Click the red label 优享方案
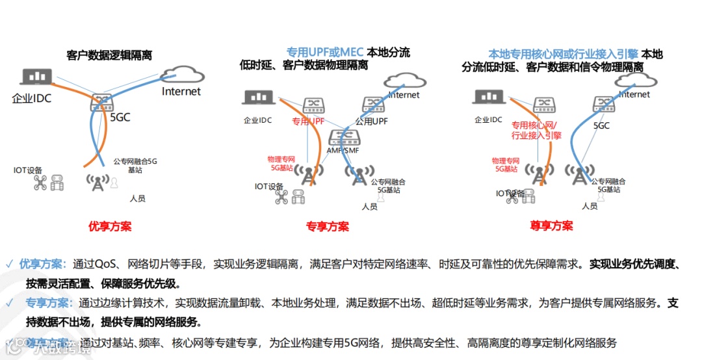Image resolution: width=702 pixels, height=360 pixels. click(110, 226)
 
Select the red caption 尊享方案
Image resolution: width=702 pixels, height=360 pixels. click(551, 226)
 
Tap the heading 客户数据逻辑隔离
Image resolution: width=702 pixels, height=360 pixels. click(109, 56)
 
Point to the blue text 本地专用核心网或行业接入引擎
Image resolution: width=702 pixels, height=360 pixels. click(563, 55)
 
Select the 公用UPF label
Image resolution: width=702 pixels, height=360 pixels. click(372, 121)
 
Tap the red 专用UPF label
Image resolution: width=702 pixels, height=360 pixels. click(308, 121)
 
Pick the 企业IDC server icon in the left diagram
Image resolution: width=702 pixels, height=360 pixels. click(36, 77)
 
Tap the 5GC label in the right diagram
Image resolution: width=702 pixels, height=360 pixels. click(601, 125)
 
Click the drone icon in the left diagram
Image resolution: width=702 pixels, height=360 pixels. click(41, 184)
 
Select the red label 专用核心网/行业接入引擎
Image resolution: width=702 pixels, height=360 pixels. click(536, 130)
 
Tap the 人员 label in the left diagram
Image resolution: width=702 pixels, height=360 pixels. click(137, 198)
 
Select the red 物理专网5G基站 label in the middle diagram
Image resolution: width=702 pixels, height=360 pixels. click(281, 163)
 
